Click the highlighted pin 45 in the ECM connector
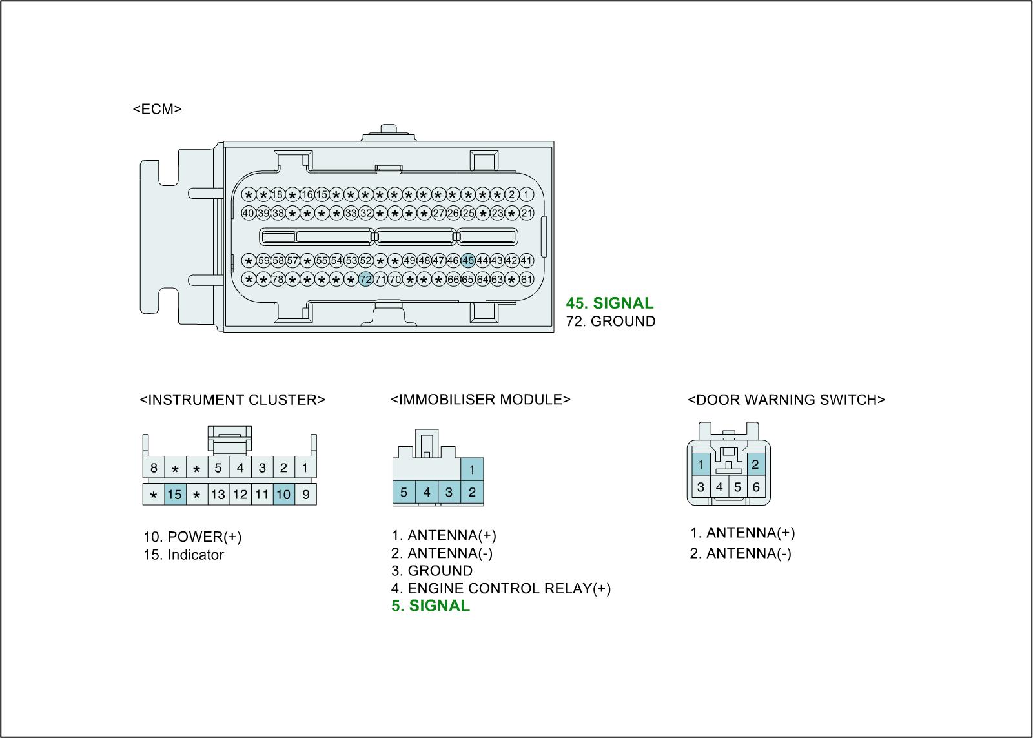(468, 261)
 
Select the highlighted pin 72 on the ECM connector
(365, 280)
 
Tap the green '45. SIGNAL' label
(609, 303)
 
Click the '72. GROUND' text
(610, 322)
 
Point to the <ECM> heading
(157, 109)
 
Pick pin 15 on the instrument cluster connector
(174, 495)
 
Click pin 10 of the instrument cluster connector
(283, 495)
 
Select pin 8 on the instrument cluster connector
(154, 467)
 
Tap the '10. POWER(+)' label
(192, 537)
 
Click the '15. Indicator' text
(183, 555)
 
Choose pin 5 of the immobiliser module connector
(404, 493)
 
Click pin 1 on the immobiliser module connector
(472, 469)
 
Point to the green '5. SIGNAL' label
(431, 606)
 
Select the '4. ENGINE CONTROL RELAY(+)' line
(500, 588)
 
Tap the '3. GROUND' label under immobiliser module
(431, 571)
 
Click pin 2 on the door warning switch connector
(755, 464)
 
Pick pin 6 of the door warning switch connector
(756, 487)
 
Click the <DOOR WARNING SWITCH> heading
(786, 400)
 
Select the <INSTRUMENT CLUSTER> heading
(232, 400)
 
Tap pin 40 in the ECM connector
(248, 213)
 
